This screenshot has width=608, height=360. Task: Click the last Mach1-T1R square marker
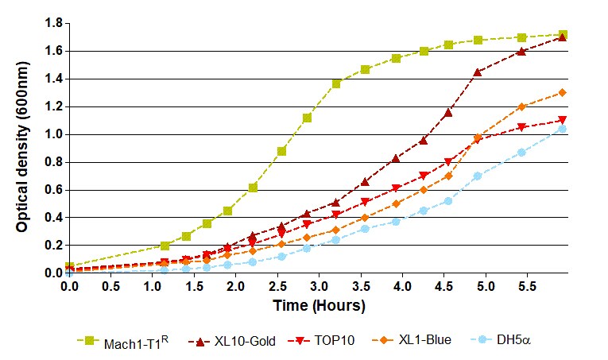[x=563, y=35]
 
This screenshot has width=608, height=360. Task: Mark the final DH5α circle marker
[x=563, y=129]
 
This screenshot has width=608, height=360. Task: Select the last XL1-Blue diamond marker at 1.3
[x=563, y=92]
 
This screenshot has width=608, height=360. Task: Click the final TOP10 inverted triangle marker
[x=563, y=120]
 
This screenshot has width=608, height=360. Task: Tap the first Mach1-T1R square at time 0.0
[x=69, y=266]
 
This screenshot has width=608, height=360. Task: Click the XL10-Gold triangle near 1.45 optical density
[x=478, y=72]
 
